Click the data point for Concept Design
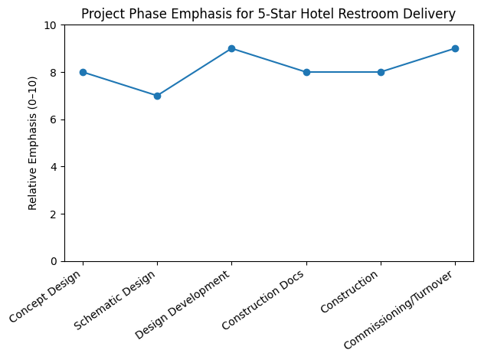[x=83, y=72]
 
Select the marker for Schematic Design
[x=157, y=96]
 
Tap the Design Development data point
[x=231, y=48]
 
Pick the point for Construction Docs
[x=306, y=72]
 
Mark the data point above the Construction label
[x=381, y=72]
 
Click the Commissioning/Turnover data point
[x=455, y=48]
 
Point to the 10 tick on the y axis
[x=51, y=25]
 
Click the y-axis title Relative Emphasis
[x=33, y=142]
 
